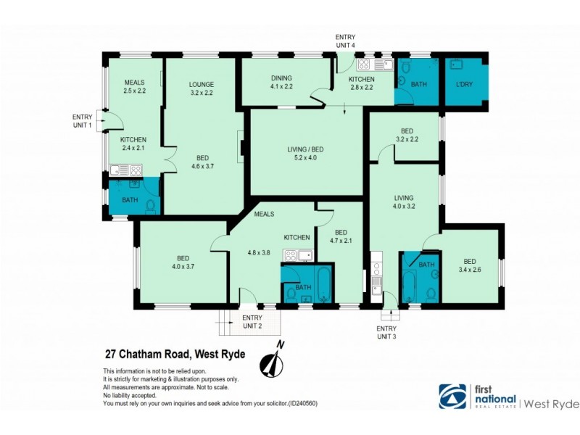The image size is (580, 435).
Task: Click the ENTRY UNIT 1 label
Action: (x=82, y=121)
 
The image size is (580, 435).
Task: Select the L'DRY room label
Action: (x=465, y=84)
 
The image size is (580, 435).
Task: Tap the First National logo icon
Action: (x=452, y=397)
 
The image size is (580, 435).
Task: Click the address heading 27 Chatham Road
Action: (x=175, y=355)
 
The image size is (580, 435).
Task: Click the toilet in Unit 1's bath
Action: (x=151, y=207)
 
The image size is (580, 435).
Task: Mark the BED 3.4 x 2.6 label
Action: (x=469, y=265)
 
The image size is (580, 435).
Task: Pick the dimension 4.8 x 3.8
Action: (x=259, y=253)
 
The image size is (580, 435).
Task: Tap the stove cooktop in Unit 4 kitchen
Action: (x=364, y=64)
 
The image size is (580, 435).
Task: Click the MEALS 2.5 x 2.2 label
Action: (x=136, y=87)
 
